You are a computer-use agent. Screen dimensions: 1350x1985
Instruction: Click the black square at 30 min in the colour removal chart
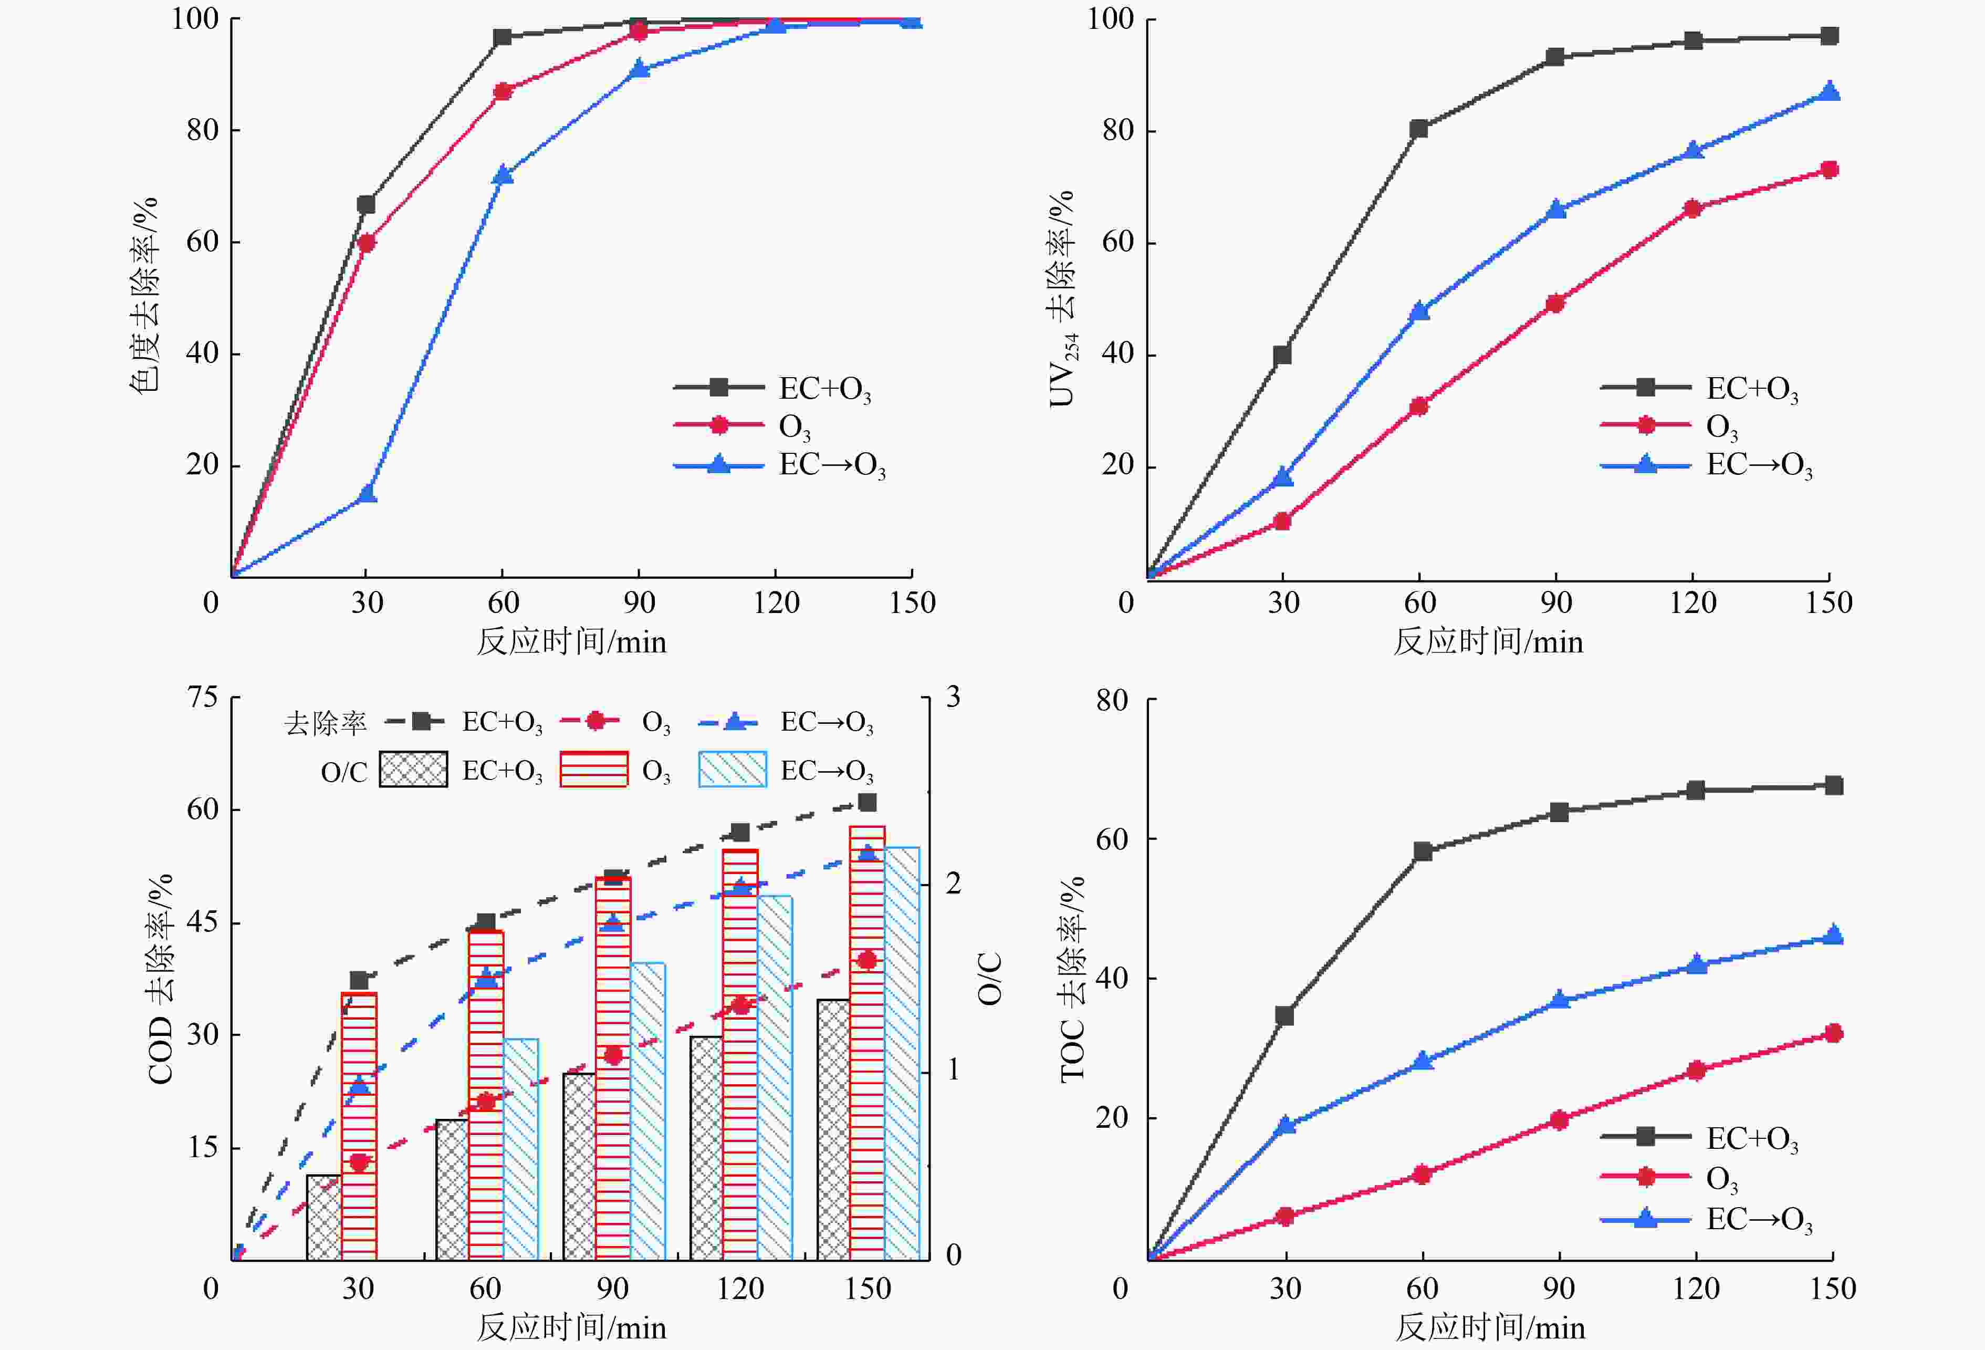[367, 204]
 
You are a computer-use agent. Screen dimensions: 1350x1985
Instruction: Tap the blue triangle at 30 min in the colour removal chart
[367, 493]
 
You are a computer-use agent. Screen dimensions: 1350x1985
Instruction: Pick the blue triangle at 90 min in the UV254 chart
[1555, 210]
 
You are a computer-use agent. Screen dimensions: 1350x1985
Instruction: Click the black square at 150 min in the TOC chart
[1833, 785]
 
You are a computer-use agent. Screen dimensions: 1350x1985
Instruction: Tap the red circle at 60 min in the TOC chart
[1422, 1174]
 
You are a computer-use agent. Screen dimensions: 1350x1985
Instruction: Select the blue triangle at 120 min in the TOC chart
[1696, 964]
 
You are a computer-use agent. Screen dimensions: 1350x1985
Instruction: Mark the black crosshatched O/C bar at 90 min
[579, 1166]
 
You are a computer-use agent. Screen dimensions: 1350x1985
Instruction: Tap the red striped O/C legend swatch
[593, 769]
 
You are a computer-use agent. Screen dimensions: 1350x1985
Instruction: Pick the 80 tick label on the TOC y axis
[1113, 701]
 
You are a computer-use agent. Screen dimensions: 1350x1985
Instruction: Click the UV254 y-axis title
[1062, 299]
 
